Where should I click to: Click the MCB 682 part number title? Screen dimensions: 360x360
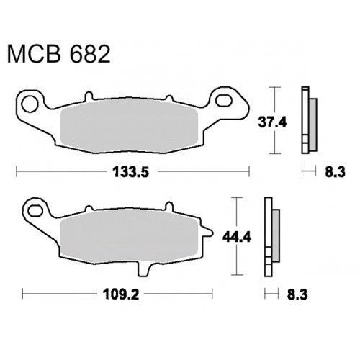58,54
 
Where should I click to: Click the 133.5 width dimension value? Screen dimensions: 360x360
131,172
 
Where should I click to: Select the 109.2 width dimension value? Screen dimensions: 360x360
121,294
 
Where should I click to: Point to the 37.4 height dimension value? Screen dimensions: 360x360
272,122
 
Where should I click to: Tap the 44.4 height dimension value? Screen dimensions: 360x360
237,238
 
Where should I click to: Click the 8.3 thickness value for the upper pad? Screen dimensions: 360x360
335,172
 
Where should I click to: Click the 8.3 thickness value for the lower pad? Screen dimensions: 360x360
297,294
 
